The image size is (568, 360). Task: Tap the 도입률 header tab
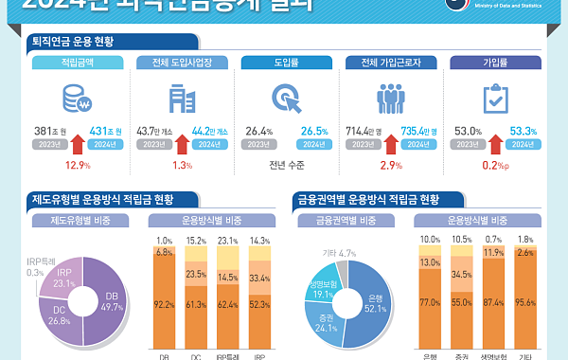285,63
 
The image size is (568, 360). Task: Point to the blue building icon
178,99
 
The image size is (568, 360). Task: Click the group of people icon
390,99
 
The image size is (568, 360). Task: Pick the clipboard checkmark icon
494,99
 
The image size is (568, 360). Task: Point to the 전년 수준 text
285,165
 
